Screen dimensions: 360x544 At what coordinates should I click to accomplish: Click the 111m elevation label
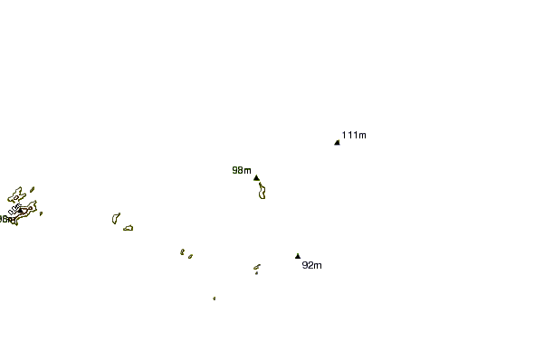click(355, 136)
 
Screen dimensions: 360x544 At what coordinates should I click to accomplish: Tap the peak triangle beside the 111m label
click(337, 142)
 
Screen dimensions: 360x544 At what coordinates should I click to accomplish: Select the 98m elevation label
click(241, 170)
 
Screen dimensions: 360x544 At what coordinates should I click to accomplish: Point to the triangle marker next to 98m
click(256, 177)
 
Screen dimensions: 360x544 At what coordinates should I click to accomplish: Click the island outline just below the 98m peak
click(262, 190)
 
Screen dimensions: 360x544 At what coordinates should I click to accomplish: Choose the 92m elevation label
click(311, 265)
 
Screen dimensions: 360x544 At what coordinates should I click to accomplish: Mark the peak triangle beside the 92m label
click(297, 256)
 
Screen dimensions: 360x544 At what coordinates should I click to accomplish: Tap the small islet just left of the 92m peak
click(256, 268)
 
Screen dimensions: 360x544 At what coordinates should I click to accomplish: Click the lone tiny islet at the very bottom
click(214, 298)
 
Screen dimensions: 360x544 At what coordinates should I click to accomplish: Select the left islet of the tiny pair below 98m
click(182, 251)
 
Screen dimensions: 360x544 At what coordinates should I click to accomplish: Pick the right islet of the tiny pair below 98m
click(190, 257)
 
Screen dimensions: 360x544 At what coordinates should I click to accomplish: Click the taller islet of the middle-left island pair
click(115, 217)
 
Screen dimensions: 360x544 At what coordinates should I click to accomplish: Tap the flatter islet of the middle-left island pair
click(129, 227)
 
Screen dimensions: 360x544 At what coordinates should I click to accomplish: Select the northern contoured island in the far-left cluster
click(15, 194)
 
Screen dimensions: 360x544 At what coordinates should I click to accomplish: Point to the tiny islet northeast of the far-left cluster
click(32, 190)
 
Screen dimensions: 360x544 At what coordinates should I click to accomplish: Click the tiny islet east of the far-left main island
click(41, 213)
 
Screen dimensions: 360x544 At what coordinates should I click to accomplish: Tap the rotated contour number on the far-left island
click(14, 210)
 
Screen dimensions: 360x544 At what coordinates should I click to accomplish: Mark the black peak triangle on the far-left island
click(21, 212)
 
